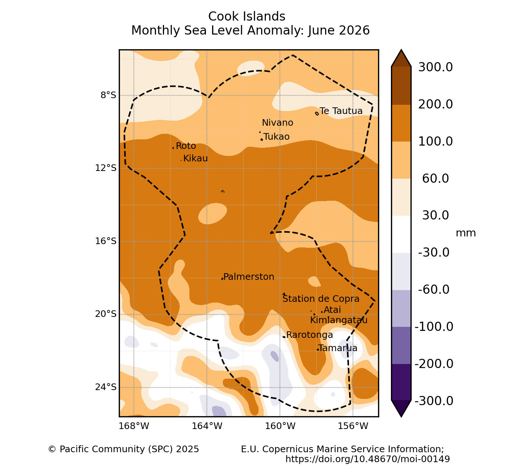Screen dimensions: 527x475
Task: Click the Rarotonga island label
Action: point(310,335)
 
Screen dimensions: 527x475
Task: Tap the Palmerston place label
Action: point(249,276)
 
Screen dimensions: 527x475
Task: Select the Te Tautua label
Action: point(341,111)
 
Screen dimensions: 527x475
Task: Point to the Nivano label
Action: point(277,123)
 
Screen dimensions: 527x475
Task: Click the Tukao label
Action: point(277,137)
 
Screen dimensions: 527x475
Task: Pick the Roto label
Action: point(186,146)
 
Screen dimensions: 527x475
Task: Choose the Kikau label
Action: point(195,158)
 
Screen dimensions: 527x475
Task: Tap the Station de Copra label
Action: point(321,299)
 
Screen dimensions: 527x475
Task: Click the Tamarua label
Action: point(338,348)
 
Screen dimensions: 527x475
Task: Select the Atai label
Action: point(332,310)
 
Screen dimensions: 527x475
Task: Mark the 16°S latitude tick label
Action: point(106,241)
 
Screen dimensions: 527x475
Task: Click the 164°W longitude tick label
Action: point(207,426)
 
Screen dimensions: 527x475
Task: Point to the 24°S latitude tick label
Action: point(106,387)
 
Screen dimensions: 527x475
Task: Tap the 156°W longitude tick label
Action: point(353,426)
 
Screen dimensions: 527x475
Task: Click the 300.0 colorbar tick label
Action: point(435,67)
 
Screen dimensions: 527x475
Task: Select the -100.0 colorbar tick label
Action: point(434,327)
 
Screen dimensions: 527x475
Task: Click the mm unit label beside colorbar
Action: point(466,233)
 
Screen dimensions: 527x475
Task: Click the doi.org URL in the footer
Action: point(367,459)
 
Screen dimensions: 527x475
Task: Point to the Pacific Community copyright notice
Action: point(124,449)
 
